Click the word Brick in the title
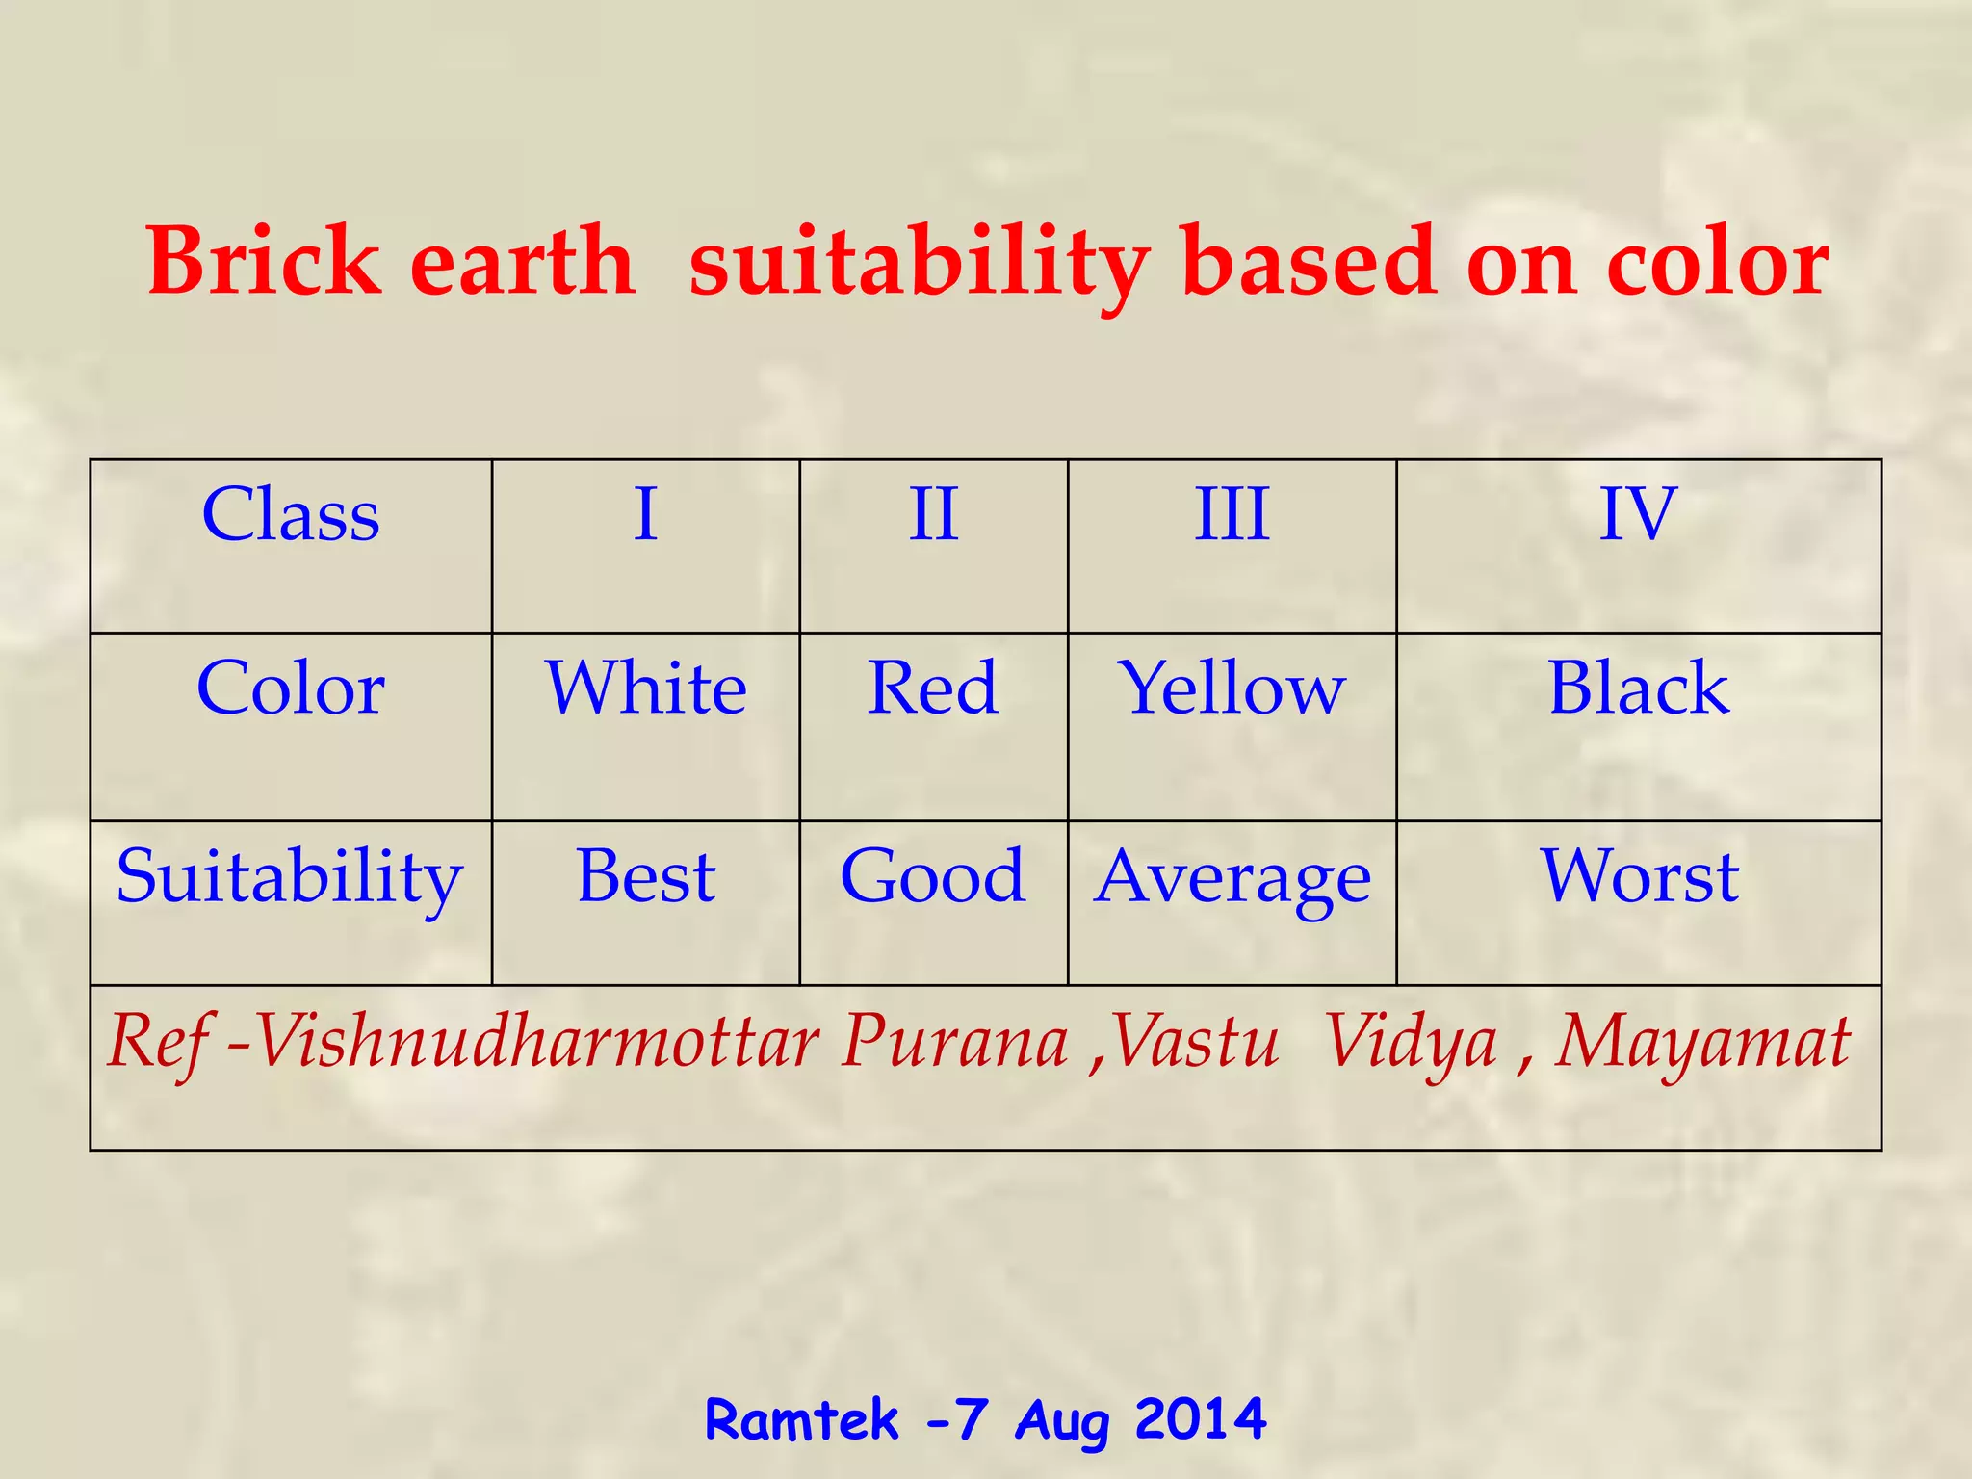click(264, 261)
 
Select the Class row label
click(291, 515)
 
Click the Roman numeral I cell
click(645, 515)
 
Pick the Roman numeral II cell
click(933, 515)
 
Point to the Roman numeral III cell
click(1232, 515)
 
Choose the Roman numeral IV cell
click(1638, 515)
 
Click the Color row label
click(291, 688)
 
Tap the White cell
click(645, 688)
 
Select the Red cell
click(933, 688)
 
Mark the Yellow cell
click(1232, 690)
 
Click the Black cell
click(1638, 688)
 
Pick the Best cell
click(645, 876)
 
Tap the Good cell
click(933, 876)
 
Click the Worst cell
click(1638, 876)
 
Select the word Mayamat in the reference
click(1701, 1044)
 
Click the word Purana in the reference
click(954, 1042)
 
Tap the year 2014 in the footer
click(1200, 1419)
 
